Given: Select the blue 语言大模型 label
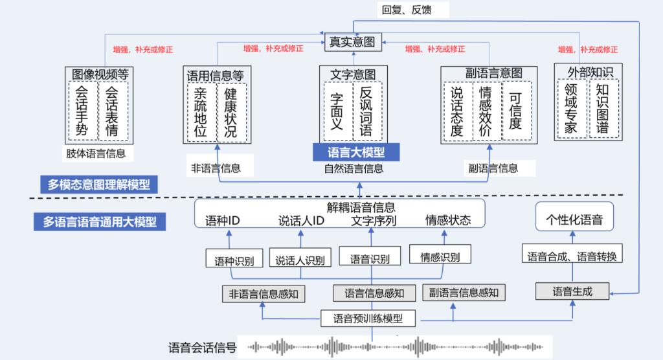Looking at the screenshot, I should [x=355, y=153].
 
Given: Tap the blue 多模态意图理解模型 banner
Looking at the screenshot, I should [x=98, y=185].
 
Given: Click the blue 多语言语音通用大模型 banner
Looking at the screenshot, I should [x=99, y=221].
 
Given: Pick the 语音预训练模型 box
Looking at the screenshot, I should [x=368, y=318].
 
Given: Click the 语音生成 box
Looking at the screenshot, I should [x=572, y=291].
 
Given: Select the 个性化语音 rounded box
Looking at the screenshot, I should [x=575, y=219].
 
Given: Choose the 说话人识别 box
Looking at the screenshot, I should [x=300, y=260].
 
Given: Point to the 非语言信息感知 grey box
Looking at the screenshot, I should [x=264, y=293].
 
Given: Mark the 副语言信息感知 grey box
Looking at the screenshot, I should [x=464, y=293].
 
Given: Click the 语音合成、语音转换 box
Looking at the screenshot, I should [x=572, y=256].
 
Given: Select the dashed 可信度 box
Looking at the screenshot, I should [x=515, y=110].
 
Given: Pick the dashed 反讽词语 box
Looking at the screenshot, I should [x=366, y=111].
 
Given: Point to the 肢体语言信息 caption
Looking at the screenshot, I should [x=96, y=154].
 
